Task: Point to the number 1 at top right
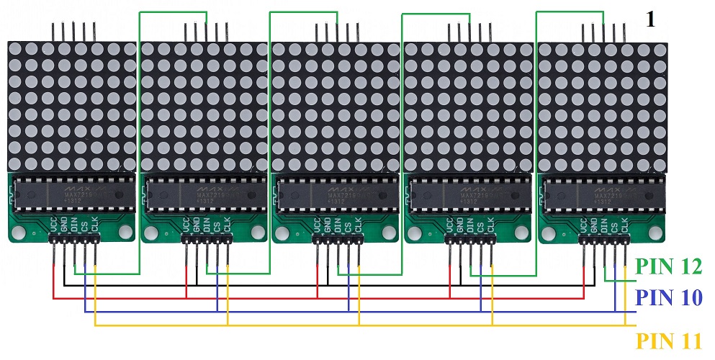650,19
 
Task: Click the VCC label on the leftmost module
54,225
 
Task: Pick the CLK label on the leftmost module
94,225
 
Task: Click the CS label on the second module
216,225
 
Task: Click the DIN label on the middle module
338,225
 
